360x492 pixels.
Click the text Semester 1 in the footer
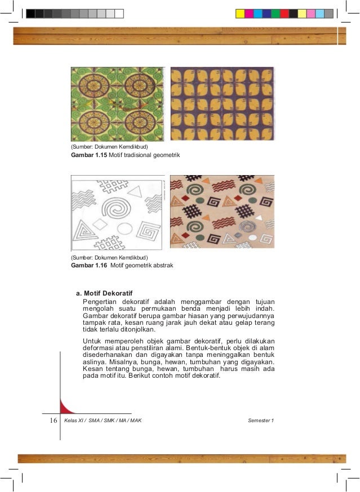[x=260, y=421]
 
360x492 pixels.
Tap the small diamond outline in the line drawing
[x=100, y=224]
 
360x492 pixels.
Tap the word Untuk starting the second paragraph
[x=92, y=341]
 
